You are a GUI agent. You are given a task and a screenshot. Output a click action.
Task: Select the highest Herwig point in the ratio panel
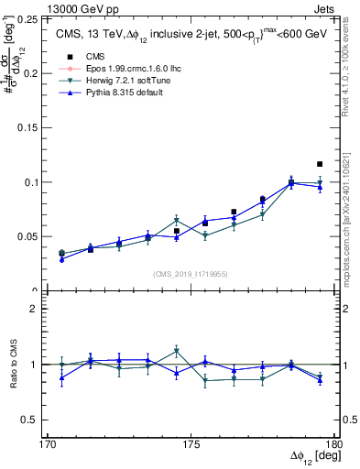click(x=177, y=351)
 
